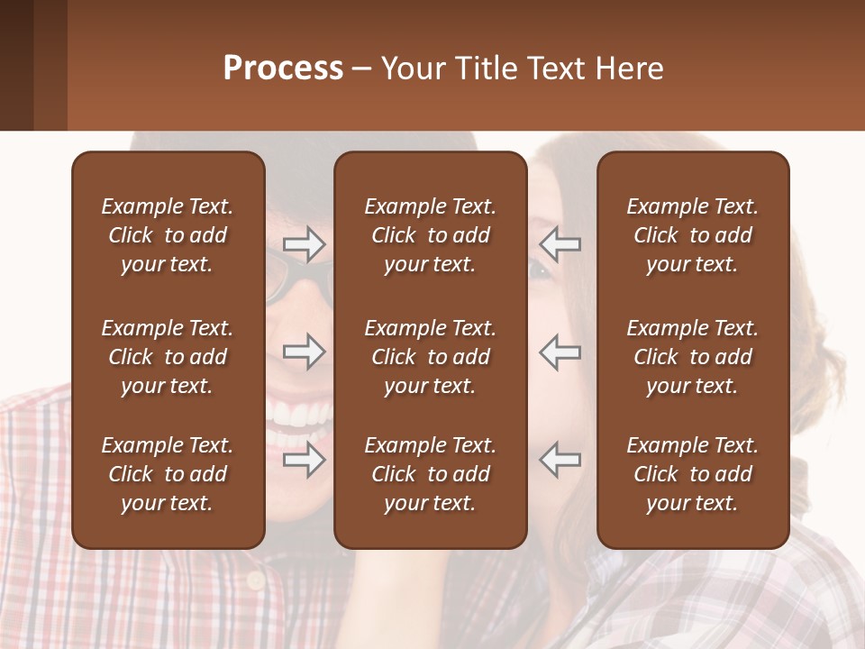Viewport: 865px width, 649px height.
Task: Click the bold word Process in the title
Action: tap(283, 69)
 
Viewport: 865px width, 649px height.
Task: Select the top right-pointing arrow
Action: tap(304, 244)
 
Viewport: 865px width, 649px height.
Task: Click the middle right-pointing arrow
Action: tap(304, 352)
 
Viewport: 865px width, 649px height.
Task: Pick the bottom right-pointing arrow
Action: tap(304, 460)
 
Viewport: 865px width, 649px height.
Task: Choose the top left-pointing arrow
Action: tap(560, 244)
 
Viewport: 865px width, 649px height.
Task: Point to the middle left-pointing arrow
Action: tap(560, 352)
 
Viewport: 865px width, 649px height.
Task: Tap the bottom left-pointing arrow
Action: tap(560, 460)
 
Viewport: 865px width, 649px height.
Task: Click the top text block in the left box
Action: tap(168, 235)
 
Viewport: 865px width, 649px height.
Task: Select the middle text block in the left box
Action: tap(168, 357)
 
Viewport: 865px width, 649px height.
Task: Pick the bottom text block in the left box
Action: tap(168, 474)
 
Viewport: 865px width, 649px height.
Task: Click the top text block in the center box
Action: tap(430, 235)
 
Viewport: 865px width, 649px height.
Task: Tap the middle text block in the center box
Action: tap(430, 357)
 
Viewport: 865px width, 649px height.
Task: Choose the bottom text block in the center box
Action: tap(430, 474)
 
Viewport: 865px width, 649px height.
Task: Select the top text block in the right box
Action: tap(692, 235)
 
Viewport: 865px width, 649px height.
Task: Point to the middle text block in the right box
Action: tap(692, 357)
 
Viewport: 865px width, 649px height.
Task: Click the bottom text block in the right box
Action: tap(692, 474)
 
